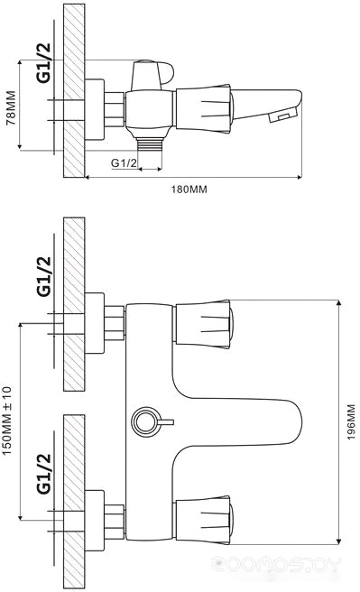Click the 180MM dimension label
189,190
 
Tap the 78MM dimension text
12,107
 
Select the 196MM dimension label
351,421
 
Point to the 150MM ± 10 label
7,421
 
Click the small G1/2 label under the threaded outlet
125,163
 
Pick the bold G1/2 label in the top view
43,62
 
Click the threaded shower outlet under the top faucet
150,144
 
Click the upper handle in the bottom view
203,324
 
